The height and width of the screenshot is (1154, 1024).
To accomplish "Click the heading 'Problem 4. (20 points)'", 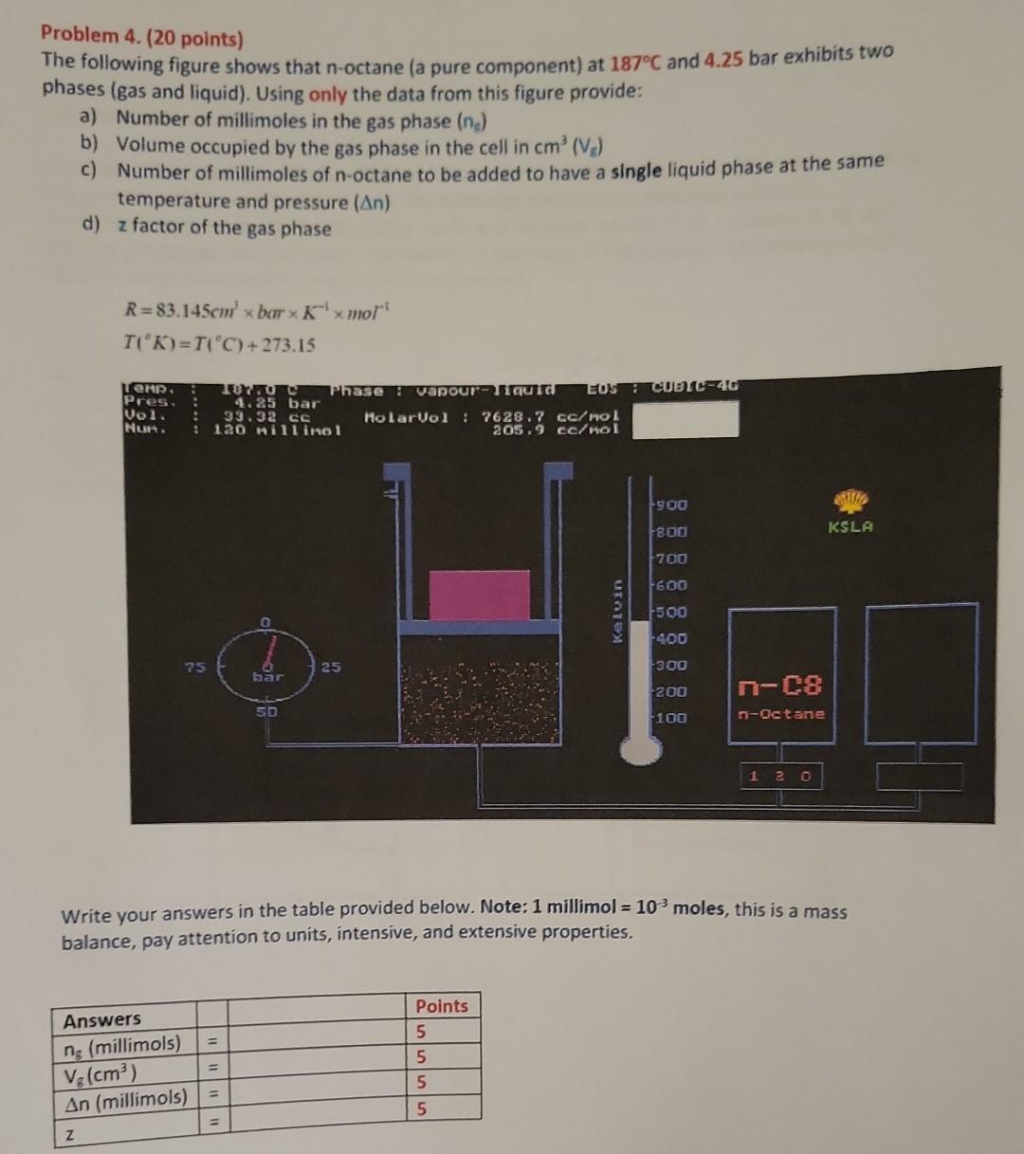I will coord(142,38).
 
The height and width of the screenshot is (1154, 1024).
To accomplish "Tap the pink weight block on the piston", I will coord(479,595).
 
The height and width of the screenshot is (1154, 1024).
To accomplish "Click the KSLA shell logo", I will coord(850,502).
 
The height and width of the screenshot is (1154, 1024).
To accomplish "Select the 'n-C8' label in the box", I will coord(781,685).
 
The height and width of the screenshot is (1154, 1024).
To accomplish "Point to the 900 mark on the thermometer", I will coord(671,505).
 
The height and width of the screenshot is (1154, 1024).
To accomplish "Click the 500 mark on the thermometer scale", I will coord(671,613).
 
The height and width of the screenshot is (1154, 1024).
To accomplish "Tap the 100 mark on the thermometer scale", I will coord(671,718).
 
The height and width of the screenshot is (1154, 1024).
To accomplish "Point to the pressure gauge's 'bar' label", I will coord(267,678).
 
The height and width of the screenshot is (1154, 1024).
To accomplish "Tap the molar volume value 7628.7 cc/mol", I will coord(549,416).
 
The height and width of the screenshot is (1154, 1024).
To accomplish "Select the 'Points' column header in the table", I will coord(442,1006).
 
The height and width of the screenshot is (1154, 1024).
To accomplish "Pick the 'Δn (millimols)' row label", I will coord(124,1099).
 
